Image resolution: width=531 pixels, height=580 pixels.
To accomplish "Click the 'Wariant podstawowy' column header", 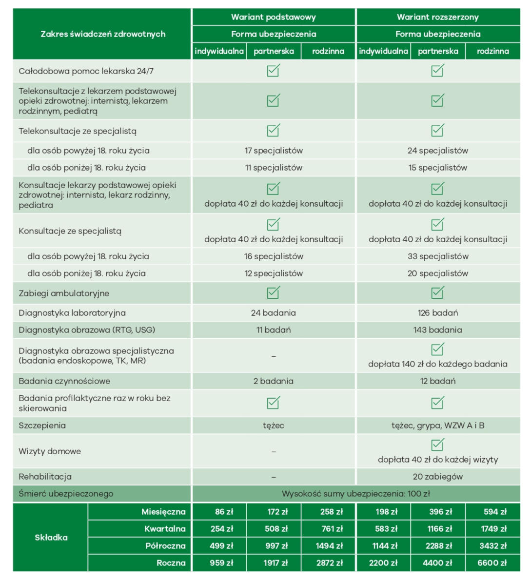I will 273,17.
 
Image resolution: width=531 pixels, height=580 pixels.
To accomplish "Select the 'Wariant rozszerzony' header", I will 437,17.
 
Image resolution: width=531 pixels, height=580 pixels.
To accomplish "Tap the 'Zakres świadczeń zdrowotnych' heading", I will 102,34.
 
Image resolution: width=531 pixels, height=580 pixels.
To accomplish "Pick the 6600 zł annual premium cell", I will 492,563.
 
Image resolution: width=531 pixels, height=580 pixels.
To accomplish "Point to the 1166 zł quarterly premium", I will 437,529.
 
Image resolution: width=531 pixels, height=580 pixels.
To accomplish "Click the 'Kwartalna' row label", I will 165,529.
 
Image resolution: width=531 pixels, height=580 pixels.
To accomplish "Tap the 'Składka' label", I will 51,537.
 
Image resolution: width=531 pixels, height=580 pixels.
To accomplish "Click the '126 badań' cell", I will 437,313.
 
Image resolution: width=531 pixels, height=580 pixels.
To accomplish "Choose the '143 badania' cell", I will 437,330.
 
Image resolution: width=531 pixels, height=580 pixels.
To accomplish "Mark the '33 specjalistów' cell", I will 437,256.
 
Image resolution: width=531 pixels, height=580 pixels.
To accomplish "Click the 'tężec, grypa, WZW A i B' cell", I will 437,425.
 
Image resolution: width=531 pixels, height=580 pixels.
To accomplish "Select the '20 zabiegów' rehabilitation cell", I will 437,477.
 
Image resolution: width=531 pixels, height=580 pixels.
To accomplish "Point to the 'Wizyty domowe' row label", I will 50,451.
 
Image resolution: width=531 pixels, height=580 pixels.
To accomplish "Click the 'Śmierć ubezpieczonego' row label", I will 66,494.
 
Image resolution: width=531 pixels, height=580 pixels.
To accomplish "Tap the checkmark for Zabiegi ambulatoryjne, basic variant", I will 273,292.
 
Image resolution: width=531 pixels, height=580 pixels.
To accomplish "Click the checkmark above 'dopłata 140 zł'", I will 437,349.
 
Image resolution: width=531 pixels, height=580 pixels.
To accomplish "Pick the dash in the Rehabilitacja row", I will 273,477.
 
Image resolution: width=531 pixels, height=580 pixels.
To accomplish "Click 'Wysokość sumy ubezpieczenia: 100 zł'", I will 355,494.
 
